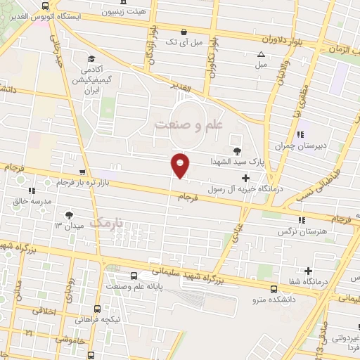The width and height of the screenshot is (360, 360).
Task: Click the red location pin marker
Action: [181, 165]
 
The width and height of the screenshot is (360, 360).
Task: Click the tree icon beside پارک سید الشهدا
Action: [236, 150]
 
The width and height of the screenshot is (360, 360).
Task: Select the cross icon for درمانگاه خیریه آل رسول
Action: [245, 179]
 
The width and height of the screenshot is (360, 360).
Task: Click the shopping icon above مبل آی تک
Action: [184, 32]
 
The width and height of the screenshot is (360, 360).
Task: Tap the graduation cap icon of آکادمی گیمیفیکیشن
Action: [91, 59]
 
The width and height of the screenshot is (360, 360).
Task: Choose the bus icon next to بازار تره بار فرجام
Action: [84, 172]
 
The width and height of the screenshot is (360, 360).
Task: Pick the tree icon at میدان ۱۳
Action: [68, 215]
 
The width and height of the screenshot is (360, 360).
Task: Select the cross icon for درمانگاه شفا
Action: [308, 271]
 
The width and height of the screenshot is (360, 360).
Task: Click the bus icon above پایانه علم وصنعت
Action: [134, 275]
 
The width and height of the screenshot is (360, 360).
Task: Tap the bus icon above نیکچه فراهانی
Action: [96, 307]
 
